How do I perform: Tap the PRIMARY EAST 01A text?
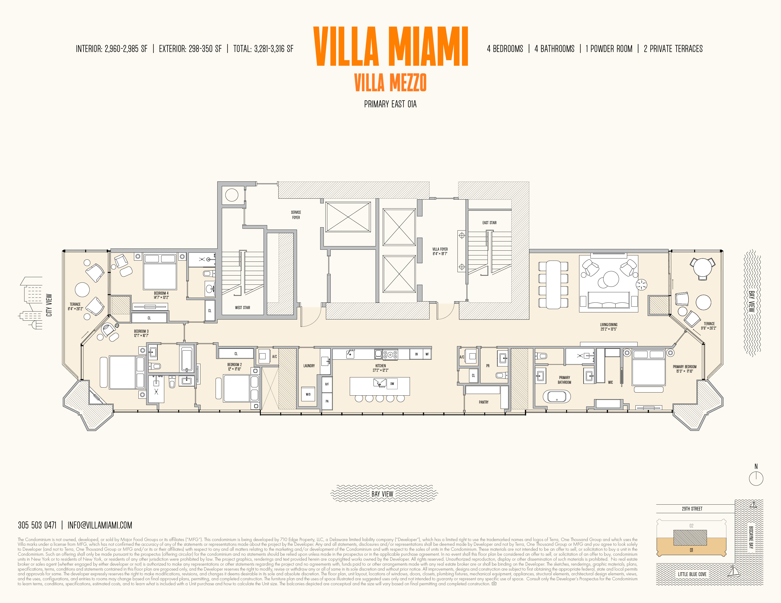click(390, 104)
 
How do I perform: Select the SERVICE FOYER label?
click(296, 215)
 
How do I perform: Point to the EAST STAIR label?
click(489, 223)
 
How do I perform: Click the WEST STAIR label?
click(242, 308)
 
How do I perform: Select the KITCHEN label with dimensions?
click(381, 368)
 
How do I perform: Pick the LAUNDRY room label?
click(309, 366)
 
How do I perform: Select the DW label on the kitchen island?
click(392, 384)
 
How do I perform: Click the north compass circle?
click(756, 478)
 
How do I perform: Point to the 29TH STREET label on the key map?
click(692, 509)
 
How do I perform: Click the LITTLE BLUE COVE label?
click(692, 574)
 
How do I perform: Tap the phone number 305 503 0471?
click(37, 525)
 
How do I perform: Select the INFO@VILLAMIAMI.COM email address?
click(100, 525)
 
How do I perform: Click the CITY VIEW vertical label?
click(49, 305)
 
